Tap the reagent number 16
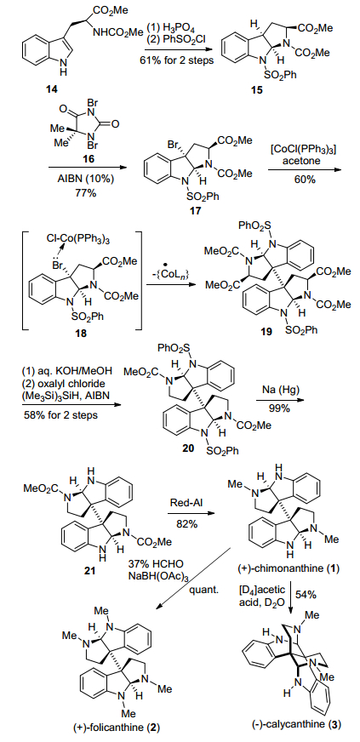pos(87,161)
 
